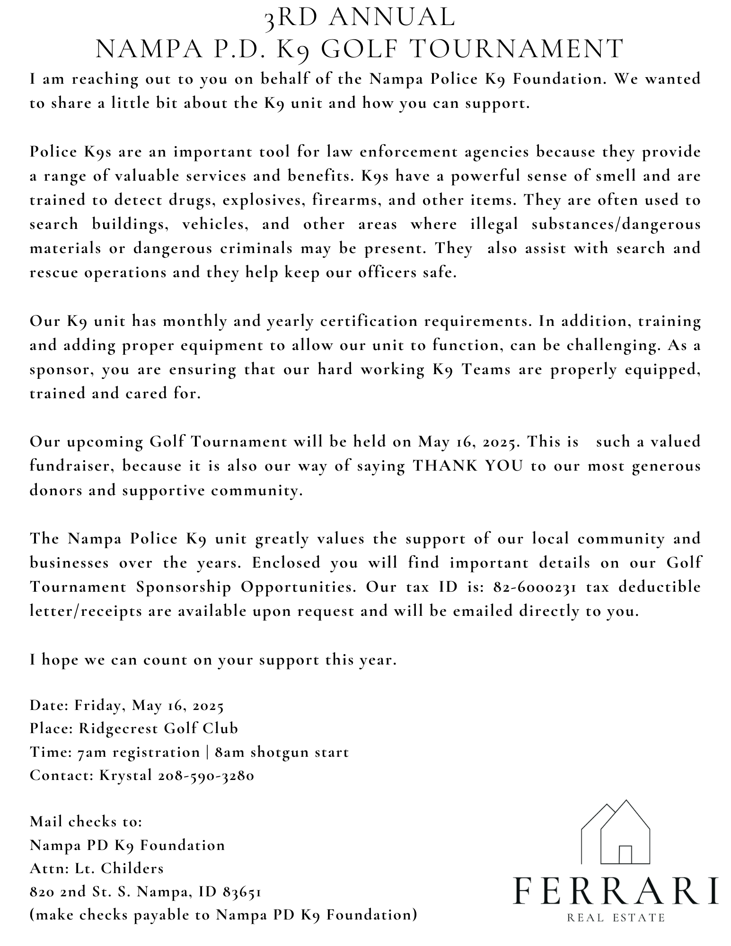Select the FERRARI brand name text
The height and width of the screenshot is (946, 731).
[616, 891]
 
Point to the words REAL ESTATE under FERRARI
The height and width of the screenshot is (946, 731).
[616, 918]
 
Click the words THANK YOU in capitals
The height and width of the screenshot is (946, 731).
[468, 466]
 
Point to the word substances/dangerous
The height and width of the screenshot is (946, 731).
[616, 224]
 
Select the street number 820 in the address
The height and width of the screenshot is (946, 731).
[42, 892]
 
